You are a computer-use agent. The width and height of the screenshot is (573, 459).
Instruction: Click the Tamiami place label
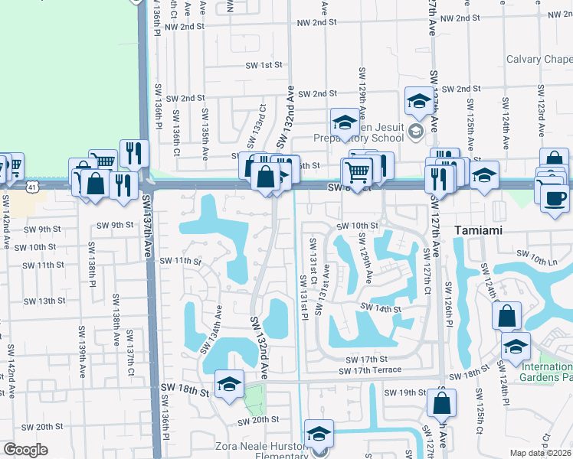(489, 230)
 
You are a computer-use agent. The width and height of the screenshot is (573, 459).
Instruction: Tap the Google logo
(25, 450)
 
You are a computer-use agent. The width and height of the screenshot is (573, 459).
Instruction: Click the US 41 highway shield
(31, 186)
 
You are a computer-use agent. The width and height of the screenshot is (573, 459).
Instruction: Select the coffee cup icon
(555, 198)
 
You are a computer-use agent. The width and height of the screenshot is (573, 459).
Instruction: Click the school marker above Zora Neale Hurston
(318, 434)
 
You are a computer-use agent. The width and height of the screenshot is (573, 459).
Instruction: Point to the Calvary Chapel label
(539, 60)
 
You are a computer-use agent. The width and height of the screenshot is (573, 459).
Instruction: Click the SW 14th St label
(382, 309)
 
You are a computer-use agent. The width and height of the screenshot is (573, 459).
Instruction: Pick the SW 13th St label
(43, 301)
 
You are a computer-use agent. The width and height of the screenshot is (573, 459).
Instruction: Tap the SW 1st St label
(262, 66)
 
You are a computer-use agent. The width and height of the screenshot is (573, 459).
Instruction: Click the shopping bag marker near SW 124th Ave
(506, 316)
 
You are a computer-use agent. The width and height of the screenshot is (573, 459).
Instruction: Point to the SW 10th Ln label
(534, 253)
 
